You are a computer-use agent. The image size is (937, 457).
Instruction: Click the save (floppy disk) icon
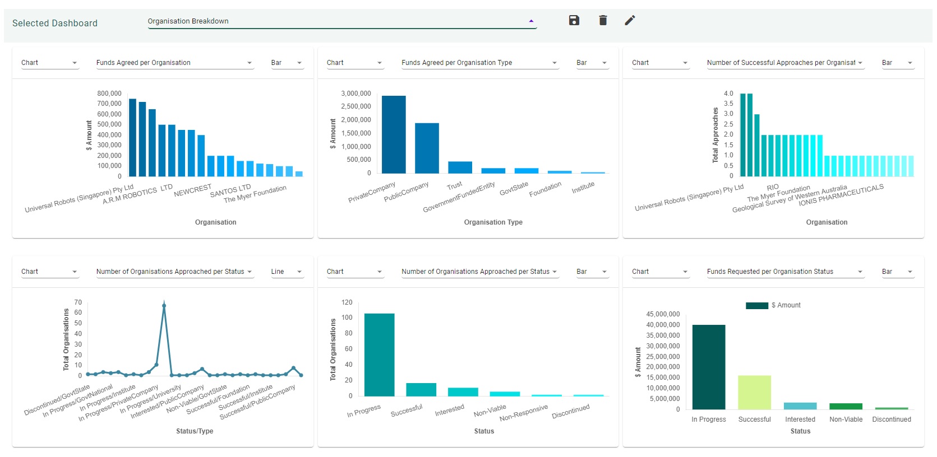(574, 21)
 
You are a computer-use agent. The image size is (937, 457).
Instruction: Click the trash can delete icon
(603, 21)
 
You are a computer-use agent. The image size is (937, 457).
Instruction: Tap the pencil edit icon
(630, 21)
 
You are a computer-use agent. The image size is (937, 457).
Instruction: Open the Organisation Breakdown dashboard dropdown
(341, 21)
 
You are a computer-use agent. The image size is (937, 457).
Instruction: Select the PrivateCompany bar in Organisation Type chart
(394, 134)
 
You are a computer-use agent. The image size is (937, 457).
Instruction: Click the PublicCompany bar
(427, 148)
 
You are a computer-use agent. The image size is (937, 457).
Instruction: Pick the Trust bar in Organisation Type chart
(460, 167)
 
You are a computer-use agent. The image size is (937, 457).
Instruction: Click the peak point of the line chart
(164, 306)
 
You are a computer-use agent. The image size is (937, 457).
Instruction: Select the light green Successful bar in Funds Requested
(754, 392)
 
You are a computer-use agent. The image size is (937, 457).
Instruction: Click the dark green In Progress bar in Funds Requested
(709, 367)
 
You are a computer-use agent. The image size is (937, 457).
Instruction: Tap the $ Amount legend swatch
(756, 305)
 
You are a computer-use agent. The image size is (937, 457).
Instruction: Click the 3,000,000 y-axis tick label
(356, 94)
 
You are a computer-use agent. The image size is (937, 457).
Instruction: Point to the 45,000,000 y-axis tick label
(663, 314)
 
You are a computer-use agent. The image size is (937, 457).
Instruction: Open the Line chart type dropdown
(287, 272)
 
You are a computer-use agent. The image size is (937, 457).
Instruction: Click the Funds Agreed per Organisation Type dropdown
(479, 63)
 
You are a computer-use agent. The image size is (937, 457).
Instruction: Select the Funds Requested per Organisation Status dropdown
(784, 272)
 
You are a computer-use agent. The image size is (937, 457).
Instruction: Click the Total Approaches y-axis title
(715, 135)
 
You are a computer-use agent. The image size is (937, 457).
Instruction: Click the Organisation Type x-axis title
(493, 222)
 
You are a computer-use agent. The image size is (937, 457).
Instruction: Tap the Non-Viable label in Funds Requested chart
(846, 419)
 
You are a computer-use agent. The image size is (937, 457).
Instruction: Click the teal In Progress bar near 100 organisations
(379, 355)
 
